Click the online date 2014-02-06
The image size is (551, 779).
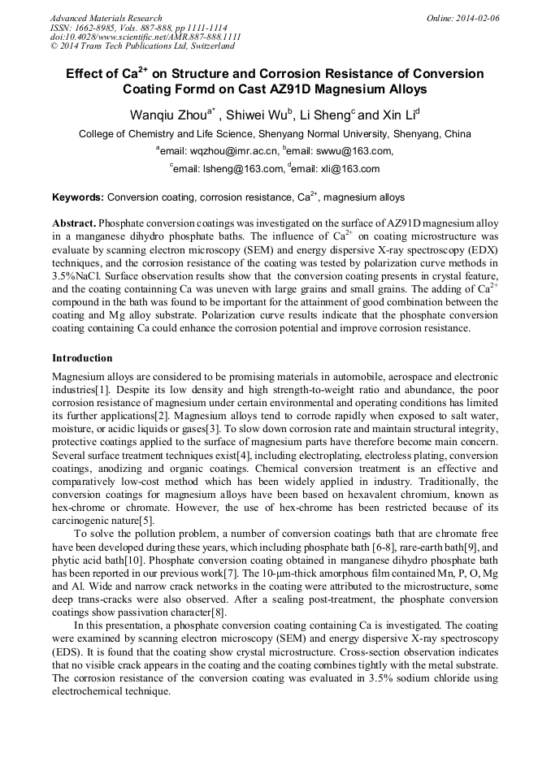[x=475, y=18]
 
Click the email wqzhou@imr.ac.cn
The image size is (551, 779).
[x=232, y=151]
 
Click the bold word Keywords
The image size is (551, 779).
[x=77, y=197]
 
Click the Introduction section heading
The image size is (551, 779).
[x=82, y=357]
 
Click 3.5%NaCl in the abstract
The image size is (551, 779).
[x=79, y=275]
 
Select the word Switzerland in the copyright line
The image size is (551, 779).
[x=210, y=46]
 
